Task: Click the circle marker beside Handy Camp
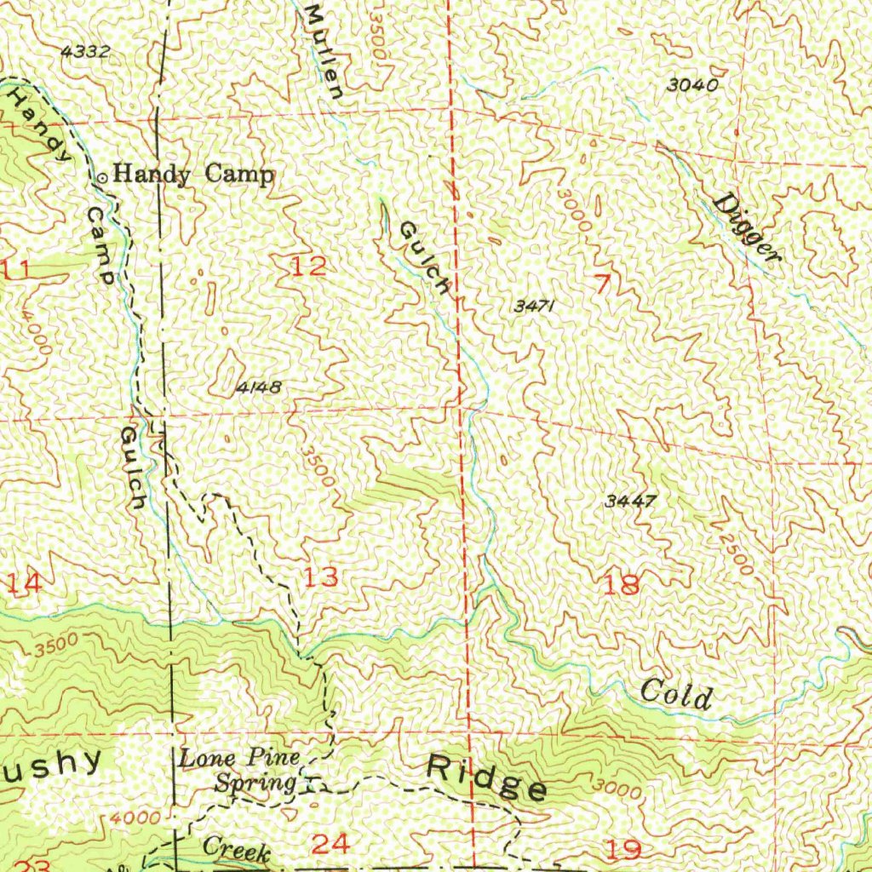[x=103, y=177]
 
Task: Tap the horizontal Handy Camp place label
[x=194, y=175]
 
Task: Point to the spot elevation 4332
[x=86, y=51]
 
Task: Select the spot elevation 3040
[x=692, y=84]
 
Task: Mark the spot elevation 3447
[x=630, y=501]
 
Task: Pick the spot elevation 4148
[x=258, y=387]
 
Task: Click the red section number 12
[x=308, y=267]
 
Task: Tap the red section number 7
[x=603, y=285]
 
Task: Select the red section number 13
[x=322, y=578]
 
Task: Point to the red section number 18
[x=621, y=585]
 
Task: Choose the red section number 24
[x=330, y=844]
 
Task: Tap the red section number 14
[x=23, y=584]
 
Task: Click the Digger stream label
[x=747, y=229]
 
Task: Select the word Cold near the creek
[x=675, y=695]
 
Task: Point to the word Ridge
[x=487, y=777]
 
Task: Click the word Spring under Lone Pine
[x=255, y=782]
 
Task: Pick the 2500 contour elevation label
[x=734, y=553]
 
